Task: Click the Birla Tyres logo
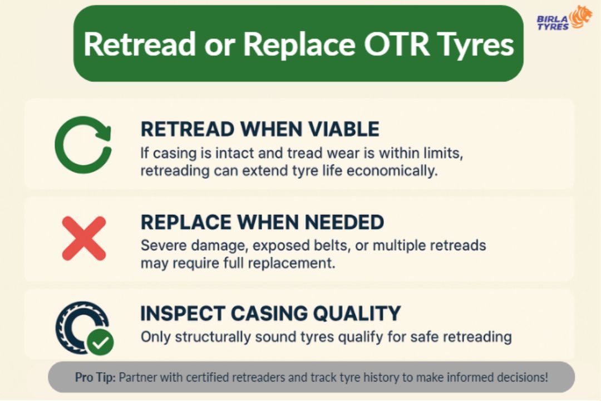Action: pos(564,18)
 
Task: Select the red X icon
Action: pos(84,238)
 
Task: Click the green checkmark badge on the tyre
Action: pos(100,341)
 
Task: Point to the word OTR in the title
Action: pos(396,44)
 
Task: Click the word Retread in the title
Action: pos(140,44)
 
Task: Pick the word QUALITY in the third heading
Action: pos(357,313)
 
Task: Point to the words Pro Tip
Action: pos(95,377)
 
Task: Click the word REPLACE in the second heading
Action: pos(186,222)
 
